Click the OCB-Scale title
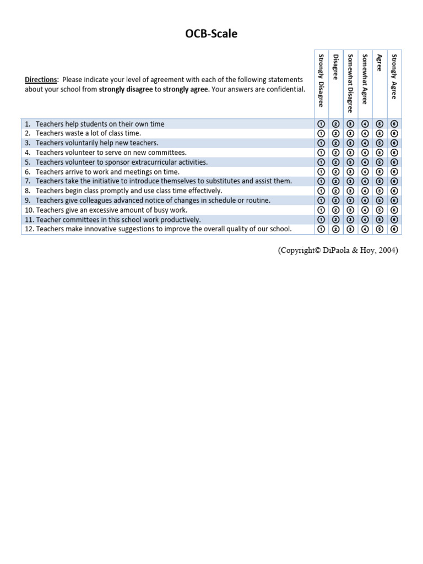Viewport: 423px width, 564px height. [211, 34]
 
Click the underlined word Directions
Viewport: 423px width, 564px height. [41, 80]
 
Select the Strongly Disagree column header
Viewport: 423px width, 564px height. [321, 80]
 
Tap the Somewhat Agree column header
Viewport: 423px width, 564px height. [365, 79]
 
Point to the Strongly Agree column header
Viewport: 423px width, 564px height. [393, 76]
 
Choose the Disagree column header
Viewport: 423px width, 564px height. [335, 67]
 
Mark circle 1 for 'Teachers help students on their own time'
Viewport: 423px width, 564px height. [321, 124]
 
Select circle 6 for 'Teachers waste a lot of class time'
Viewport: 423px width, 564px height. [394, 133]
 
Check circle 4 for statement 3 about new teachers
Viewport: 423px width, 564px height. [365, 143]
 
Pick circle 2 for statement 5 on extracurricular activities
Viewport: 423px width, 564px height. [335, 162]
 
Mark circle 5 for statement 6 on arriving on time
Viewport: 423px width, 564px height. [379, 172]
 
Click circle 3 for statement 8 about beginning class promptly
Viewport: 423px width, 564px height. [350, 191]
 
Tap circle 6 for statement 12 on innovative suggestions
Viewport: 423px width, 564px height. [394, 229]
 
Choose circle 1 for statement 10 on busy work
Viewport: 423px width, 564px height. [321, 210]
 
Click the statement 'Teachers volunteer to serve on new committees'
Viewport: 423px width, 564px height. [111, 153]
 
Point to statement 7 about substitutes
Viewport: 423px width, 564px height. [164, 181]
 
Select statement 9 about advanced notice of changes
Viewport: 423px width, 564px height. [153, 200]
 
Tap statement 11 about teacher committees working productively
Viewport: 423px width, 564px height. [118, 220]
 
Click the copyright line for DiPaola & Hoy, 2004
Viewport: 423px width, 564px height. [338, 251]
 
